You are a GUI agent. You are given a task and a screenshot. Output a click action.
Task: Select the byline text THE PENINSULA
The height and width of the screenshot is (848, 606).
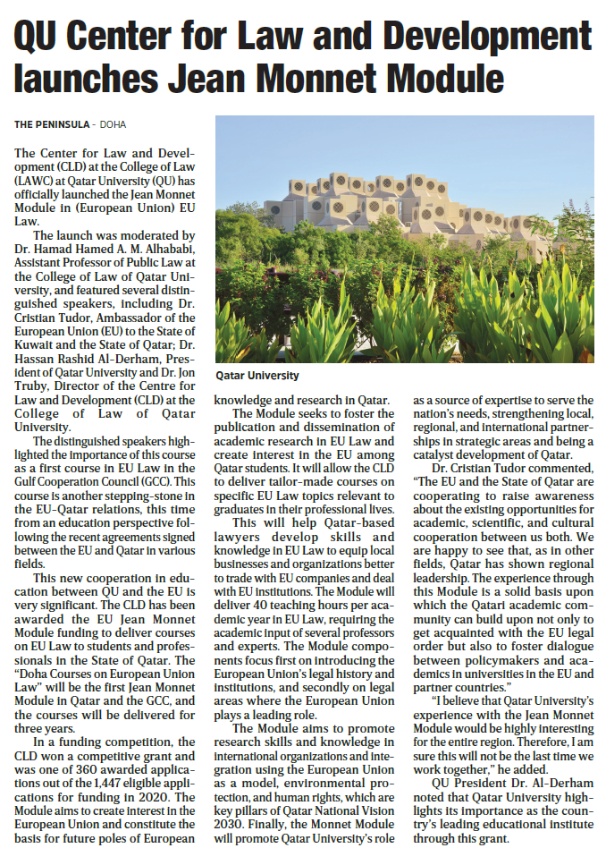coord(52,124)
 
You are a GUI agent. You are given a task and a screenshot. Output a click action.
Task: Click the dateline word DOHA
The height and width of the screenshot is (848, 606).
coord(113,124)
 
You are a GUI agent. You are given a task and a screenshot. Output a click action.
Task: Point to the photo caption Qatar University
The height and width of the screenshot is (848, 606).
coord(257,376)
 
